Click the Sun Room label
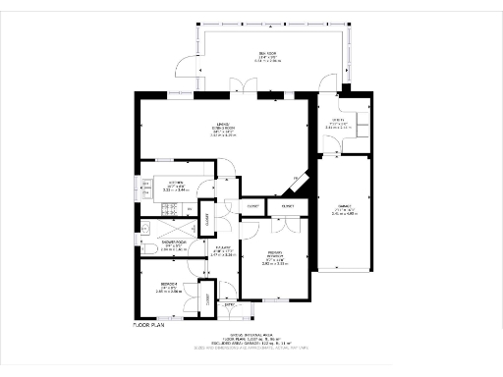point(266,56)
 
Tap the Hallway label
point(221,250)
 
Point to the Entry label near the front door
point(232,306)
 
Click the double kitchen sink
point(145,186)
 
